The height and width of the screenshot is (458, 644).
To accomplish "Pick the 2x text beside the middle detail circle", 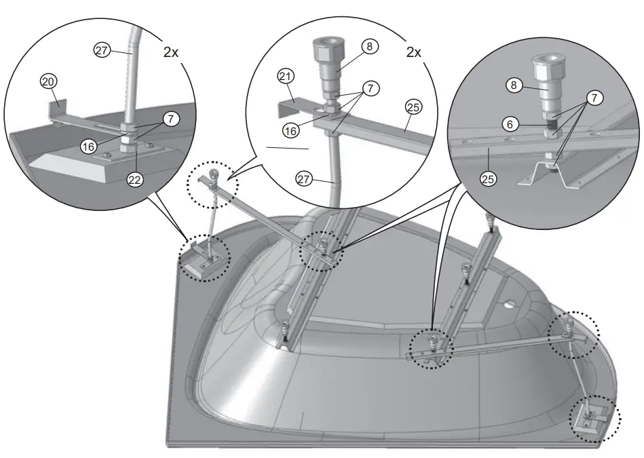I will (413, 52).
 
